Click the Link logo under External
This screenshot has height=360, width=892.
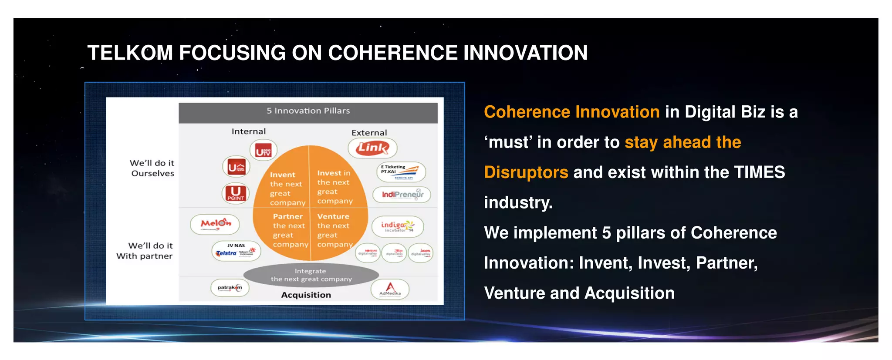(x=372, y=148)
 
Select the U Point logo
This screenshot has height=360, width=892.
(x=236, y=193)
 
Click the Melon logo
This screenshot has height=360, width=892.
(x=215, y=224)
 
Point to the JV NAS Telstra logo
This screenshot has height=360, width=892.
(x=236, y=251)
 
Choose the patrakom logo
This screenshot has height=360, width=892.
(x=230, y=288)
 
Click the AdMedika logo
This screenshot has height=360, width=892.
(x=390, y=289)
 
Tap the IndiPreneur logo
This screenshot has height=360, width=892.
(x=402, y=194)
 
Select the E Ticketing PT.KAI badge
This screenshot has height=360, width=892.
(x=401, y=172)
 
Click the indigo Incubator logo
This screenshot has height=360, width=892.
(x=397, y=226)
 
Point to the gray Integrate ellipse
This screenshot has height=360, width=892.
(x=311, y=275)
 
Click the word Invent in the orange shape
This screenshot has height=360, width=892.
(x=282, y=175)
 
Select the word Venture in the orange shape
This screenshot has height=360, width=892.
(x=333, y=216)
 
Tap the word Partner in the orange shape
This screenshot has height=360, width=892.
(x=287, y=216)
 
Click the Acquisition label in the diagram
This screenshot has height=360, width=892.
(x=306, y=295)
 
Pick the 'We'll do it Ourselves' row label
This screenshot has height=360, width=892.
(x=152, y=168)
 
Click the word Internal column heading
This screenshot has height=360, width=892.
(x=248, y=131)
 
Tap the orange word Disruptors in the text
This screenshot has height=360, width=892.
(x=526, y=172)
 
